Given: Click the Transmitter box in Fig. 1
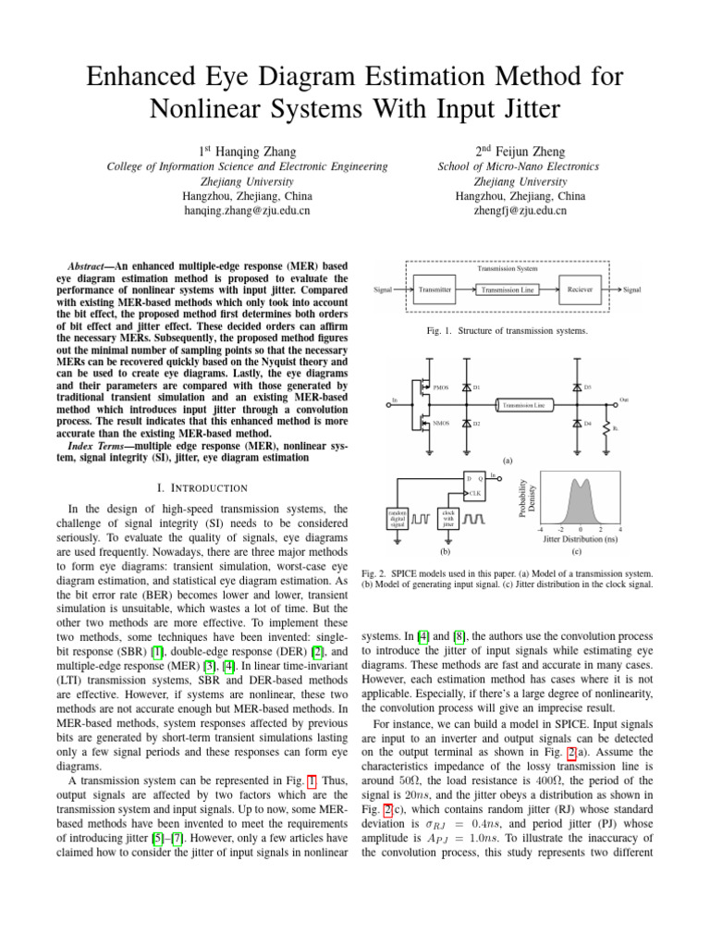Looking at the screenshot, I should click(435, 289).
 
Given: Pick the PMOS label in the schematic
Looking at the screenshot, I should click(441, 387).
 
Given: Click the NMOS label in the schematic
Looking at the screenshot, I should click(441, 423).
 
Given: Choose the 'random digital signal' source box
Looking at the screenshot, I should click(397, 518).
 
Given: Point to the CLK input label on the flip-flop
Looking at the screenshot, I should click(477, 494).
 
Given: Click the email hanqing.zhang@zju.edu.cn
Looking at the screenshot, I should click(247, 211).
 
